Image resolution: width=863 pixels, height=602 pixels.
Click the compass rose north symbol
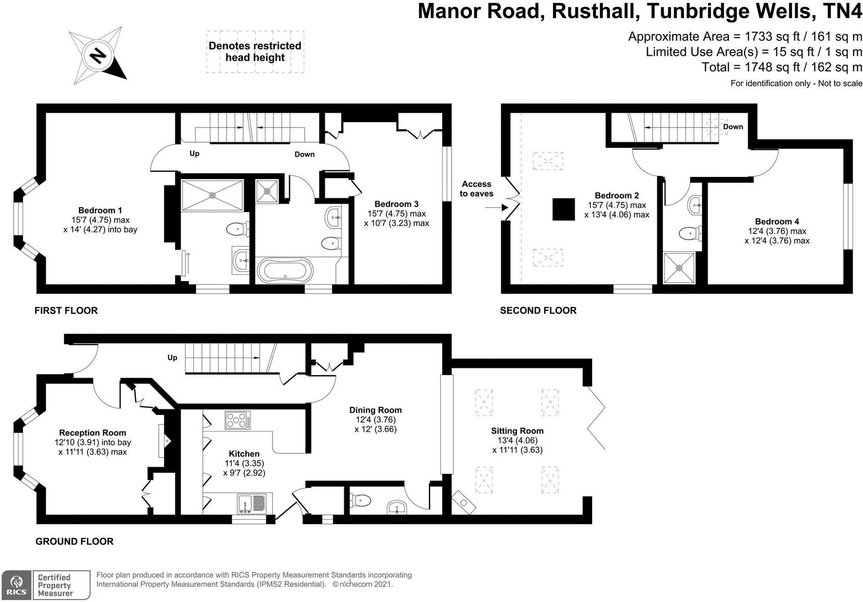point(98,55)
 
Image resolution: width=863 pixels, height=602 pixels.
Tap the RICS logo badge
point(16,585)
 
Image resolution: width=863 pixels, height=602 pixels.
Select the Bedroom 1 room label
point(100,211)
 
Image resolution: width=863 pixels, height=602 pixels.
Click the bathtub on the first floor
point(284,271)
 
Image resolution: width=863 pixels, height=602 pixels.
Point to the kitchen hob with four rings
point(237,420)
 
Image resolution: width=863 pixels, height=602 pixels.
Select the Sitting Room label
point(517,431)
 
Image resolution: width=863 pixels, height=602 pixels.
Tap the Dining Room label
point(375,410)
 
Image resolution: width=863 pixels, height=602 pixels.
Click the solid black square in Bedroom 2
point(564,209)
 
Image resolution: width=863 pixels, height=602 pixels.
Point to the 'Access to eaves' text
point(476,189)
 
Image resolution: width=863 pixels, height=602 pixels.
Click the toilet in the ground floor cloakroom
point(361,501)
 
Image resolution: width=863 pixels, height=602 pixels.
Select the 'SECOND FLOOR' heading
point(538,310)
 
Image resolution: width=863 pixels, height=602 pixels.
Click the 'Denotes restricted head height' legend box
point(255,52)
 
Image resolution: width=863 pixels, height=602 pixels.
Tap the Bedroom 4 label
point(777,222)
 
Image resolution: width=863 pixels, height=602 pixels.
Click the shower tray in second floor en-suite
point(679,268)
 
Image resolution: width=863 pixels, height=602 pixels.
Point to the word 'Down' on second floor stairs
point(733,127)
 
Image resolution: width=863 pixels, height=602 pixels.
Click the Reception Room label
point(92,433)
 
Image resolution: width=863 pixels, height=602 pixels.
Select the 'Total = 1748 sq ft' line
point(781,67)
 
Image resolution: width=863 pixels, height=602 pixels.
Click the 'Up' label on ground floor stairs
point(172,357)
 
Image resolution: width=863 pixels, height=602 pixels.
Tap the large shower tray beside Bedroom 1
point(212,195)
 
